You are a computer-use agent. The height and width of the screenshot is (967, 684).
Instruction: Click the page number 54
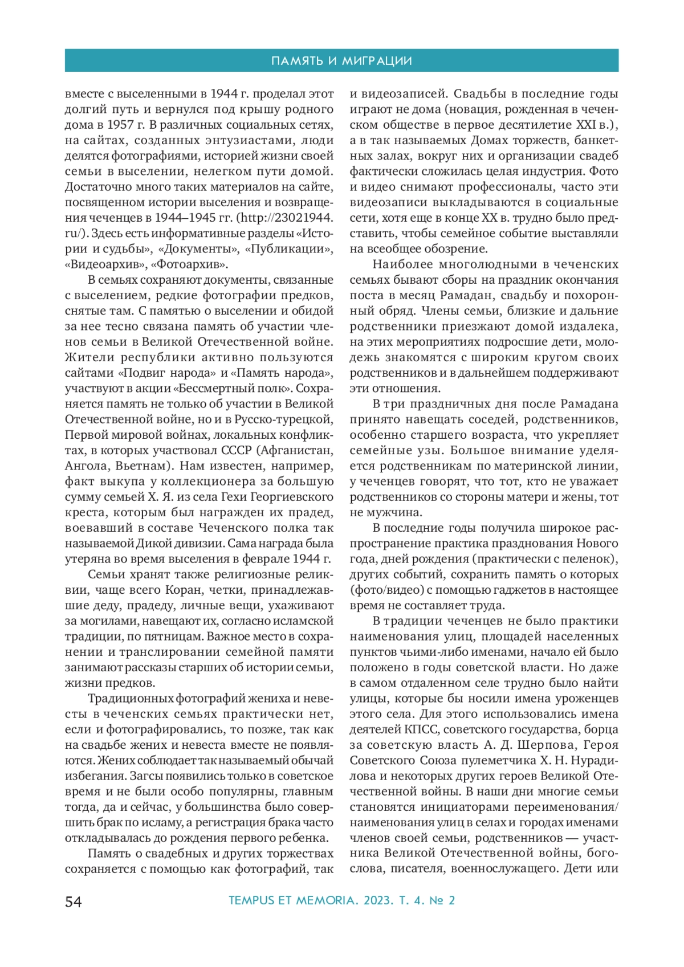point(74,901)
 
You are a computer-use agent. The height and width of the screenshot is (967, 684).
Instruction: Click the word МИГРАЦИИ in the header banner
point(377,61)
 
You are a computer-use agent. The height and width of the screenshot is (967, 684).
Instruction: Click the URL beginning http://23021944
point(285,218)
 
